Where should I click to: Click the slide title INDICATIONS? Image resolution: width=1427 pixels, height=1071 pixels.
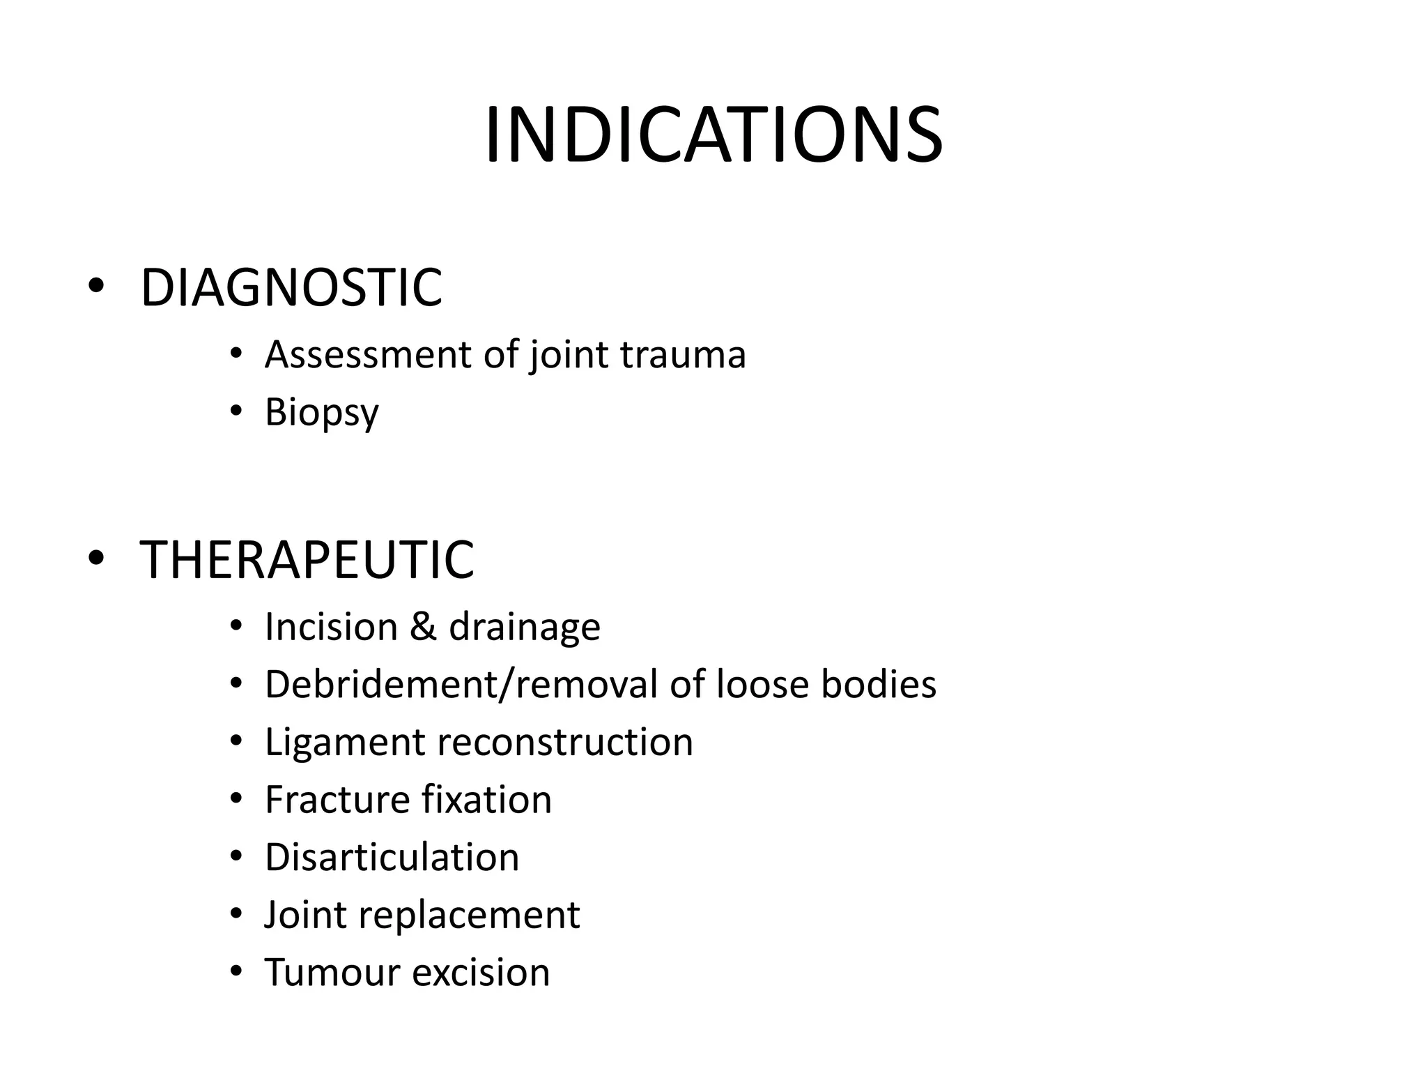coord(713,135)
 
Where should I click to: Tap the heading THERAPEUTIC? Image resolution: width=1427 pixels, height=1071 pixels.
coord(307,559)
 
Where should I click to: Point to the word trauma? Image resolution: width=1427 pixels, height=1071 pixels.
coord(683,354)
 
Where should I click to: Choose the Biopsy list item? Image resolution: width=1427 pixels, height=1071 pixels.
coord(321,412)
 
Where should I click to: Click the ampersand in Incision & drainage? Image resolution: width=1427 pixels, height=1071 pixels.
coord(423,626)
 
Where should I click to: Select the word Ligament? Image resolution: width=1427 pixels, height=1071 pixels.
coord(344,742)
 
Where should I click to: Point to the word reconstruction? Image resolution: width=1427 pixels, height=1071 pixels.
coord(564,742)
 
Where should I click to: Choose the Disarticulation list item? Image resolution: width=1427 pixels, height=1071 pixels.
coord(392,857)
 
